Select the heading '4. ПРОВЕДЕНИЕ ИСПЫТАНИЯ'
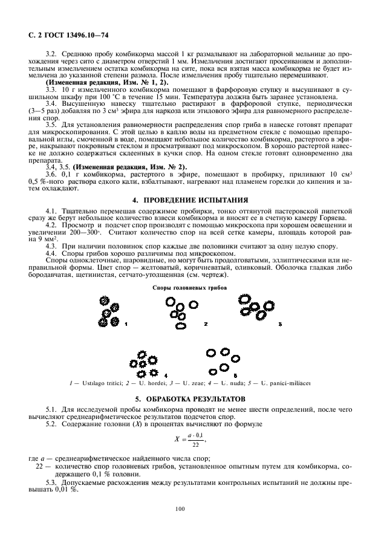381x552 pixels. [189, 199]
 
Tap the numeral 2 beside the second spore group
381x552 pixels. [206, 325]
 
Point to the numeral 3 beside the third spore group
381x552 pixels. [280, 325]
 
